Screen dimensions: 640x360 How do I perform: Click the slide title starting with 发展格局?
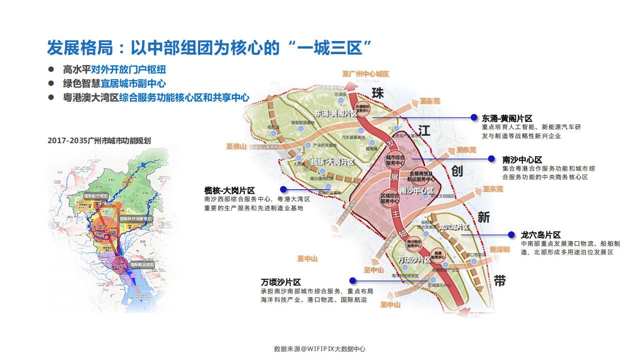click(209, 48)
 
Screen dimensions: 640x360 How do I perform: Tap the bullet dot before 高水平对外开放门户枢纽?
click(51, 70)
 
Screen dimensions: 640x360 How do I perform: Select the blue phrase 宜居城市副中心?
click(133, 84)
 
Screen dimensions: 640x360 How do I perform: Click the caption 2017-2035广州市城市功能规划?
click(99, 141)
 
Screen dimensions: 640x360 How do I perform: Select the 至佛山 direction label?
click(236, 147)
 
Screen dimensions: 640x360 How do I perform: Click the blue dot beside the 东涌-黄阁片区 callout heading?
click(474, 117)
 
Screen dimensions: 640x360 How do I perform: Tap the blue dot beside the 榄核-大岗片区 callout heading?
click(283, 189)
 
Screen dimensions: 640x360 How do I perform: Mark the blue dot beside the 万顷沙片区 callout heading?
click(352, 281)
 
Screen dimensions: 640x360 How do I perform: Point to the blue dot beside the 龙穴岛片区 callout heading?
click(511, 234)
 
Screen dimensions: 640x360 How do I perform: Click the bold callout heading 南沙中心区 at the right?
click(522, 160)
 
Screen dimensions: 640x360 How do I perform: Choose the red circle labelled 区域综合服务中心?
click(389, 198)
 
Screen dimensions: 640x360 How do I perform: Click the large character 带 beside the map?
click(499, 281)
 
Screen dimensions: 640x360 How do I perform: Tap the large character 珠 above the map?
click(377, 93)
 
